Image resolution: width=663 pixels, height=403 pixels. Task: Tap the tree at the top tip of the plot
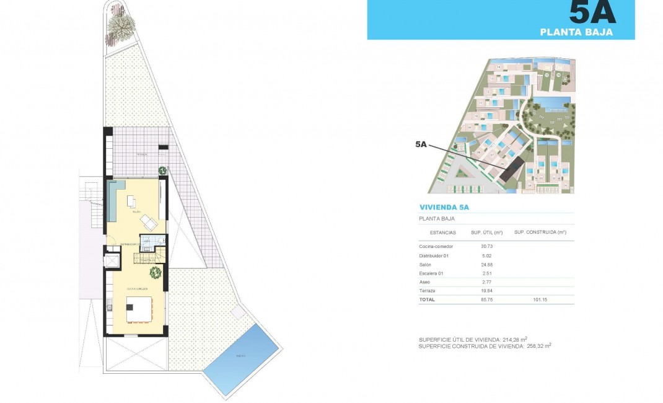pos(121,25)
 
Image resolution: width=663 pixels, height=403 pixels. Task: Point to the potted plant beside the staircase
pos(155,272)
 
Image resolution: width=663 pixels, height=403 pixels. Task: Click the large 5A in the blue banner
pos(592,12)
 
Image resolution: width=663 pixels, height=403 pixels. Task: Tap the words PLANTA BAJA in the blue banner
pos(576,32)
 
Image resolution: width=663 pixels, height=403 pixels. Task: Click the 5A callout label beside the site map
pos(421,144)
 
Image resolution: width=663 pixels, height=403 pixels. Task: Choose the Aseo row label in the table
pos(426,281)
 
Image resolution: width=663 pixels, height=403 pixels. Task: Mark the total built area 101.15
pos(540,299)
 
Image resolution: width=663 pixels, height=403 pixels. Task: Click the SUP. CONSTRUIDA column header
pos(540,232)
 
